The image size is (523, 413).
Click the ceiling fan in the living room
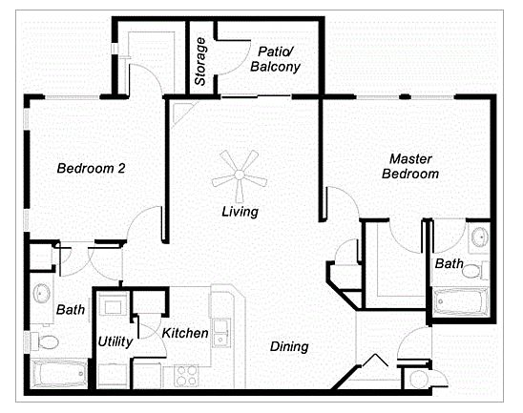pyautogui.click(x=240, y=176)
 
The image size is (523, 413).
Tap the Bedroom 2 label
pyautogui.click(x=91, y=168)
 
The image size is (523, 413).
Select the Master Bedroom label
pyautogui.click(x=410, y=166)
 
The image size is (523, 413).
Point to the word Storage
pyautogui.click(x=200, y=62)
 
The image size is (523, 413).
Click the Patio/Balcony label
pyautogui.click(x=275, y=59)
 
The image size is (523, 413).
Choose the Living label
pyautogui.click(x=241, y=212)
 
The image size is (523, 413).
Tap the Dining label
pyautogui.click(x=289, y=346)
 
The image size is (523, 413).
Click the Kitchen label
pyautogui.click(x=185, y=333)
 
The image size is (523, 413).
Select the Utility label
pyautogui.click(x=115, y=342)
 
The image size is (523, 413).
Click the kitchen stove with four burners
pyautogui.click(x=186, y=376)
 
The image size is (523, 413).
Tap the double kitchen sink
pyautogui.click(x=220, y=333)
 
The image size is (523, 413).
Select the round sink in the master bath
pyautogui.click(x=480, y=237)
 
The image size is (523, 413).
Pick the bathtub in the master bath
pyautogui.click(x=460, y=301)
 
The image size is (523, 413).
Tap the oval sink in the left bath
pyautogui.click(x=42, y=293)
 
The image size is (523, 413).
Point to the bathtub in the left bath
pyautogui.click(x=59, y=373)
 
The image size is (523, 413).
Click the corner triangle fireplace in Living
pyautogui.click(x=180, y=113)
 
